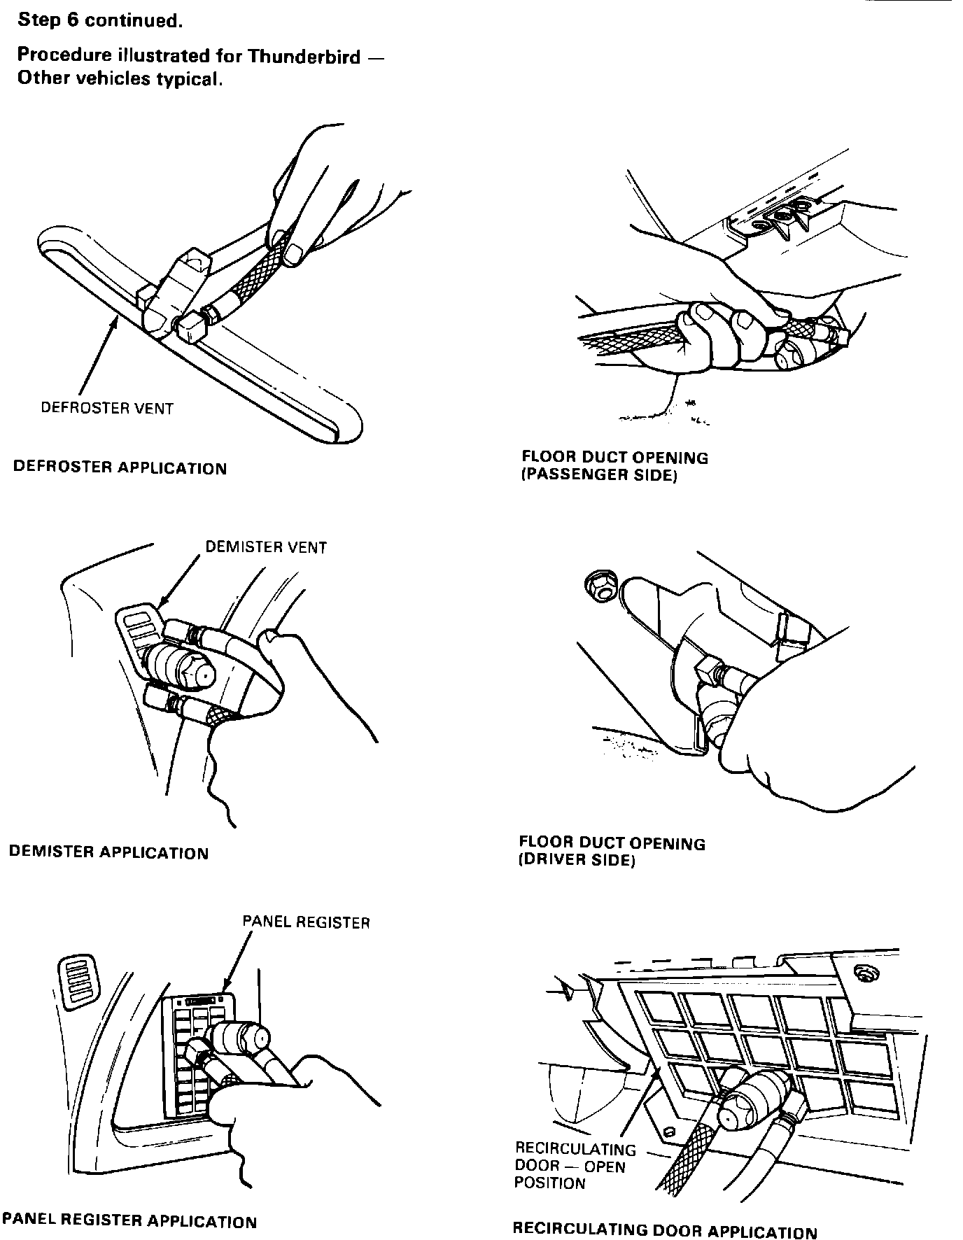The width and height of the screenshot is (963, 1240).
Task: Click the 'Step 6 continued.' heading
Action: [99, 20]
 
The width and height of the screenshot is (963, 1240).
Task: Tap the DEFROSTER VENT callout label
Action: [106, 408]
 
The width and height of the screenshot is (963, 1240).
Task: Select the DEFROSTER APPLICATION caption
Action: [120, 467]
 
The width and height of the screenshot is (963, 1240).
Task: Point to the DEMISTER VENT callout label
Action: [266, 547]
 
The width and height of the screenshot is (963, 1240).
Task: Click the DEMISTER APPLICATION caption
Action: [108, 852]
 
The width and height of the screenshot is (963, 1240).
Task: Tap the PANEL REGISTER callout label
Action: [306, 922]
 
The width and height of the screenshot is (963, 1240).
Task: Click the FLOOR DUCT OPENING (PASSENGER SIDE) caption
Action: [614, 467]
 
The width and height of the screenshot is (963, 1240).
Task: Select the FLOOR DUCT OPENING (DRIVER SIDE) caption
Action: [612, 851]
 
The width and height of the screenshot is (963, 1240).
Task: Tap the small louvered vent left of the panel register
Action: [78, 982]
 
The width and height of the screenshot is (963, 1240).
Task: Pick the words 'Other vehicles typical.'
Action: [120, 78]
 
